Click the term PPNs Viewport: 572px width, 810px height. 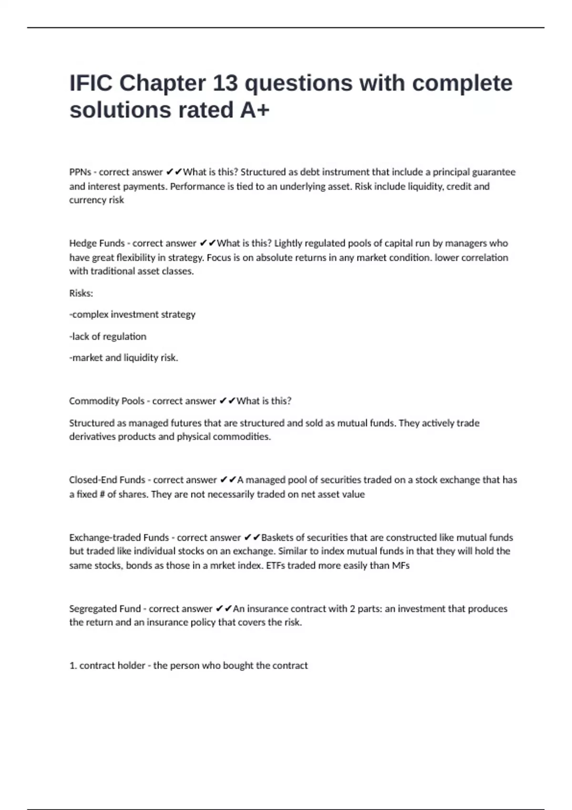(x=80, y=172)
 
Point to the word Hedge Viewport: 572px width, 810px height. (x=82, y=243)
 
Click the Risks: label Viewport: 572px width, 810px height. (x=81, y=294)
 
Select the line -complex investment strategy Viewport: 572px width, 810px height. (x=132, y=314)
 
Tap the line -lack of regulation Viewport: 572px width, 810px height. (x=108, y=336)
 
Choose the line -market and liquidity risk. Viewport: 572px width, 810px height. (x=123, y=358)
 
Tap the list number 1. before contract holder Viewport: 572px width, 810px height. (x=73, y=666)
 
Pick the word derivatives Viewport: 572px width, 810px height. (x=92, y=437)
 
